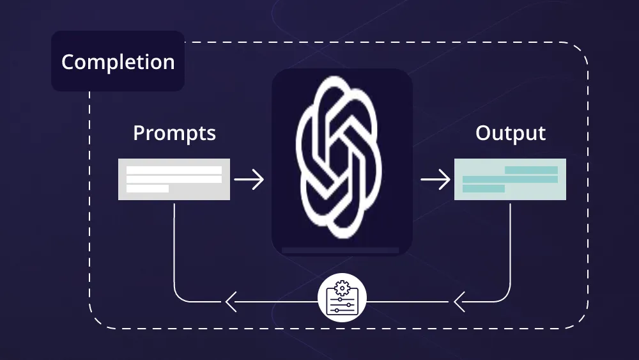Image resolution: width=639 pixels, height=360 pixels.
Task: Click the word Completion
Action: [118, 62]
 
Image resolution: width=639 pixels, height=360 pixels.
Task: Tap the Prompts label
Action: [174, 133]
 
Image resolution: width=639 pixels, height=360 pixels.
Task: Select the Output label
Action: [510, 133]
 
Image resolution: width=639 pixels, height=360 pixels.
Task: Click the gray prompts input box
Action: [174, 180]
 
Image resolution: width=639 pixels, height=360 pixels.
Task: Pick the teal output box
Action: [510, 180]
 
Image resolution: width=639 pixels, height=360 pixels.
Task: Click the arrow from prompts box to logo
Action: [249, 180]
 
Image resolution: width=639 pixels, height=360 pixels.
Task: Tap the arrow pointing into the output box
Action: [436, 180]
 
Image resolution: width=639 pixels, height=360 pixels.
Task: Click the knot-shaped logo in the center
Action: [339, 157]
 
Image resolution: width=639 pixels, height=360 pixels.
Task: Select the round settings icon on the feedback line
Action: [342, 297]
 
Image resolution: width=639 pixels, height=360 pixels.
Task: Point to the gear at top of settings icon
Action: [342, 288]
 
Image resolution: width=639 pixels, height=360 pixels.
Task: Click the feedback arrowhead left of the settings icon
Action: [231, 302]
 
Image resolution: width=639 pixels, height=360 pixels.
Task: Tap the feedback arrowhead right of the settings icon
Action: [459, 302]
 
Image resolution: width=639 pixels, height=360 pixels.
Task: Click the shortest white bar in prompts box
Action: [148, 189]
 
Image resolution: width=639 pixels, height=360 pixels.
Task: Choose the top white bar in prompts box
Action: [174, 170]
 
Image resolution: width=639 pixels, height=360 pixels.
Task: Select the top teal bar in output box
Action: [532, 170]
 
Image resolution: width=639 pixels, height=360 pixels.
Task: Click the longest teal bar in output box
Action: [510, 180]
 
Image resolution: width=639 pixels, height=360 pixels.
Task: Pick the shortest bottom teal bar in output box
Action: [484, 189]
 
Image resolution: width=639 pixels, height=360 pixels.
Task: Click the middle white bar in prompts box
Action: [174, 180]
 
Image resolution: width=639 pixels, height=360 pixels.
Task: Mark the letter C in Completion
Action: [68, 62]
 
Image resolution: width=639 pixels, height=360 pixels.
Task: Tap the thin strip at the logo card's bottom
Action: [341, 250]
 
